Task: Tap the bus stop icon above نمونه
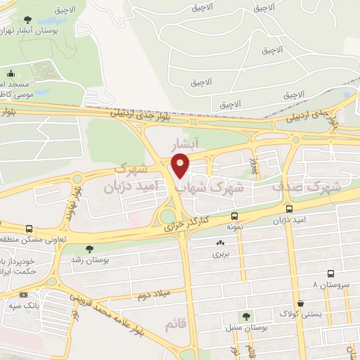[x=234, y=217]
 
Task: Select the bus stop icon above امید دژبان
[x=290, y=209]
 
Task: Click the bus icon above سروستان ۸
[x=330, y=274]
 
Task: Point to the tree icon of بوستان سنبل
[x=246, y=317]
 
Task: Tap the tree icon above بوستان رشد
[x=89, y=248]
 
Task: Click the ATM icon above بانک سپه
[x=24, y=295]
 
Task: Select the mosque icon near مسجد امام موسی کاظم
[x=11, y=73]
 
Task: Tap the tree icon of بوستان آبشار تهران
[x=27, y=20]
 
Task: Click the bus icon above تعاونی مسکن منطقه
[x=29, y=229]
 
